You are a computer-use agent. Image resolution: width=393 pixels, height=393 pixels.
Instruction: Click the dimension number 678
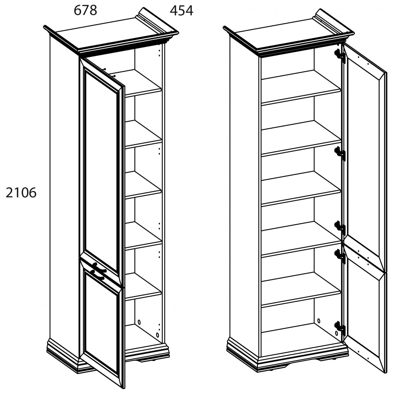(85, 10)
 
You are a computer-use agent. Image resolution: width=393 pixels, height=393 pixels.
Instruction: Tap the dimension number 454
(181, 11)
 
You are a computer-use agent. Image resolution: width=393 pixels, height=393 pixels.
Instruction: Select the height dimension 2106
(21, 193)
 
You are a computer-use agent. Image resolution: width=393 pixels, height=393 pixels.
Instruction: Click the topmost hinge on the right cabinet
(340, 55)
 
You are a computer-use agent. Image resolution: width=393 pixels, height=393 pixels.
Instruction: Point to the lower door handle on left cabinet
(98, 275)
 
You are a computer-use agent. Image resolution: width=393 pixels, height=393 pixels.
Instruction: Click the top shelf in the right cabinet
(301, 88)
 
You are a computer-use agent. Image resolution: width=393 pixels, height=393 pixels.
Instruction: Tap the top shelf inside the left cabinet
(143, 83)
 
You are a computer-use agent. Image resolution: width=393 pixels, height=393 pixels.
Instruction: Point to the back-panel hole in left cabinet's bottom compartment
(139, 323)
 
